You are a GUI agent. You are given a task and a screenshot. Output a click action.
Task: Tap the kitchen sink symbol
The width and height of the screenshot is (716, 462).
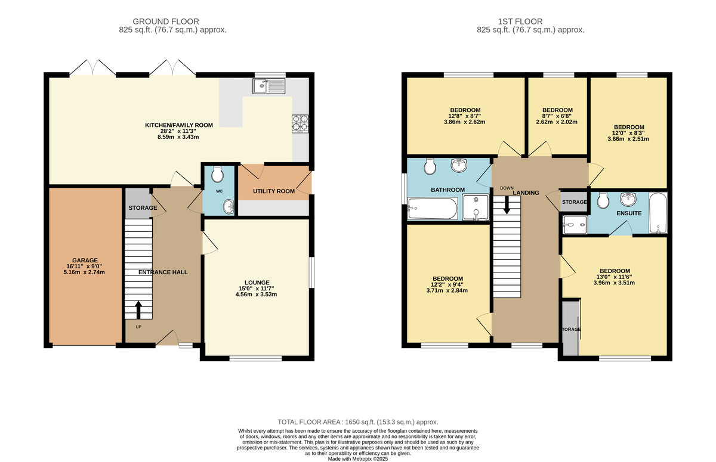[270, 87]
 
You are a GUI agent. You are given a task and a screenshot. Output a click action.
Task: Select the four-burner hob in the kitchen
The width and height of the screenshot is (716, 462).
[300, 122]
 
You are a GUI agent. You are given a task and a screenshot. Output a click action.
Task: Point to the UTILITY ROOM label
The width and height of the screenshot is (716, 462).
[273, 191]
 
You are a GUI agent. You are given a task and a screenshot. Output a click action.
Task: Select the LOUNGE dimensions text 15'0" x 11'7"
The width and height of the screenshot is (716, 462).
[257, 289]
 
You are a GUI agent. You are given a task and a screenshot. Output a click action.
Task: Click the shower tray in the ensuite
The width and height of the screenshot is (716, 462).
[575, 224]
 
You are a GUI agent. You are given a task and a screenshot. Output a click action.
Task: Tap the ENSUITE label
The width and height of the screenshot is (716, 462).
[629, 213]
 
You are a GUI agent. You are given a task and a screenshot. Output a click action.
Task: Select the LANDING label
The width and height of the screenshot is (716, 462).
[526, 193]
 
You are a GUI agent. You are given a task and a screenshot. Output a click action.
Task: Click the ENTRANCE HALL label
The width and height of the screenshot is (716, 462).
[163, 272]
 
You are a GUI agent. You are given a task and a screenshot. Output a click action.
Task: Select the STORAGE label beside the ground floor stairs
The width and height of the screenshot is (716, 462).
[143, 208]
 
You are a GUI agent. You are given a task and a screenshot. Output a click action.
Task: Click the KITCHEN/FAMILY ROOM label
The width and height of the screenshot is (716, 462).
[179, 125]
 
